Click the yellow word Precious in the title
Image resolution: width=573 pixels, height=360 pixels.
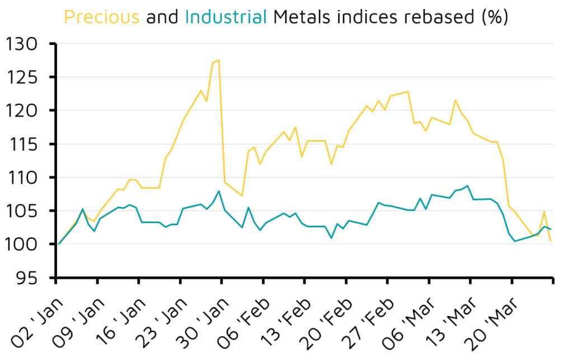click(x=101, y=17)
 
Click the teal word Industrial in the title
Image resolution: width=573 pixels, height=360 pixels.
click(x=226, y=17)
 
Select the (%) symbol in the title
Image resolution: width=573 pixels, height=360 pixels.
click(x=494, y=17)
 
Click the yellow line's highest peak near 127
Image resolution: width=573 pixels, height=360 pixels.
click(x=218, y=60)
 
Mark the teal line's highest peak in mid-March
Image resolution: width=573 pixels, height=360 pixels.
click(x=467, y=186)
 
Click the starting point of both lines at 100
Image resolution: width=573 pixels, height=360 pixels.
click(x=59, y=244)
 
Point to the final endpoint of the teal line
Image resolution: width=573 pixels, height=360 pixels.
click(x=551, y=229)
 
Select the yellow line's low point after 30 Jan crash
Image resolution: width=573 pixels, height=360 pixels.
click(x=242, y=195)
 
